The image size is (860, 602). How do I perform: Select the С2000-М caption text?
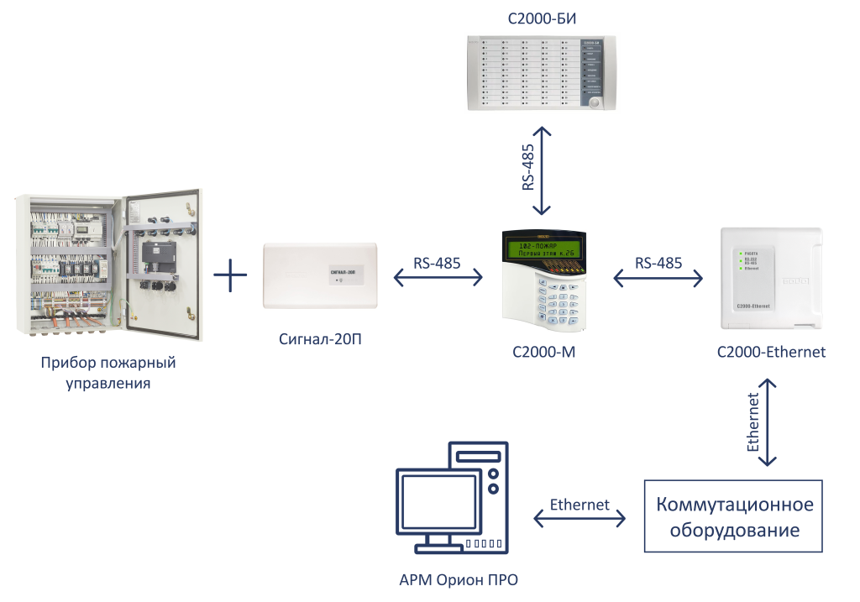coord(543,353)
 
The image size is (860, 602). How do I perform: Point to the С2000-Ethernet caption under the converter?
coord(771,353)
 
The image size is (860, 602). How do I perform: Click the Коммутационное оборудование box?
coord(733,516)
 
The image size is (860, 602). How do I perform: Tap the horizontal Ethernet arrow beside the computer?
coord(579,520)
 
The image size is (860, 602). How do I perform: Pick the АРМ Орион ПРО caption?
coord(458,581)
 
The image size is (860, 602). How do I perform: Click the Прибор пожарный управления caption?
coord(107,374)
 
